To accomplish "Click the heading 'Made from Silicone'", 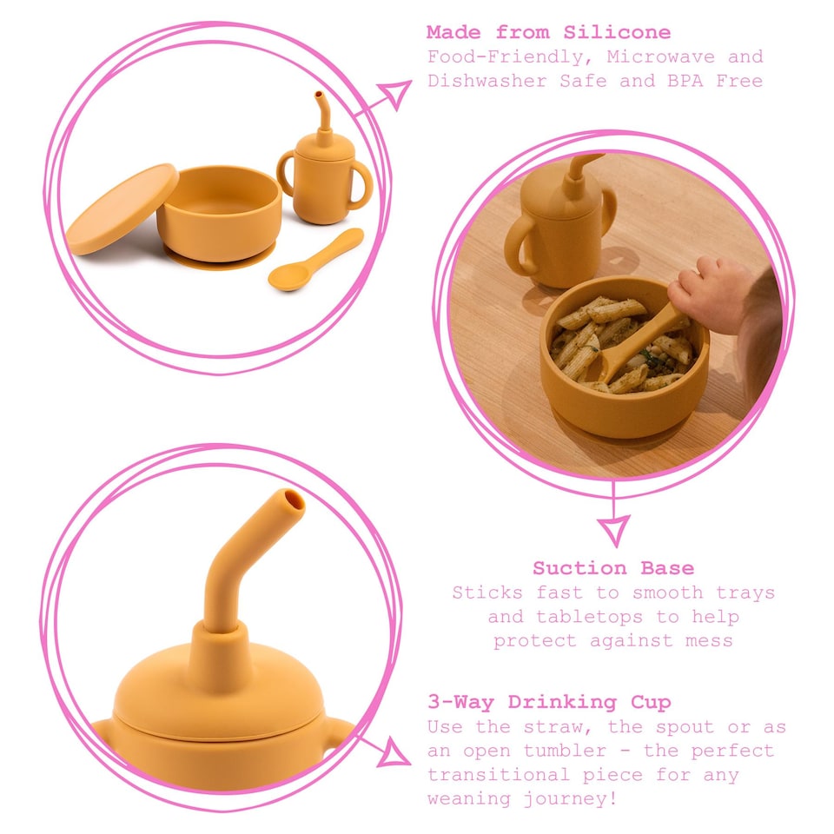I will (548, 33).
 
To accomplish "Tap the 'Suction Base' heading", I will (613, 568).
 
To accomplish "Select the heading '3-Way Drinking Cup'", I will (549, 702).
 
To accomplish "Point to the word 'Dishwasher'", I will (481, 82).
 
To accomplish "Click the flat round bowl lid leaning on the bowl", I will (122, 209).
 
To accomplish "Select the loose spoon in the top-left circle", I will (314, 260).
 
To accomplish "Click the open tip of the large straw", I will (292, 501).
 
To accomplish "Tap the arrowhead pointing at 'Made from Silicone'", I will (398, 93).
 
